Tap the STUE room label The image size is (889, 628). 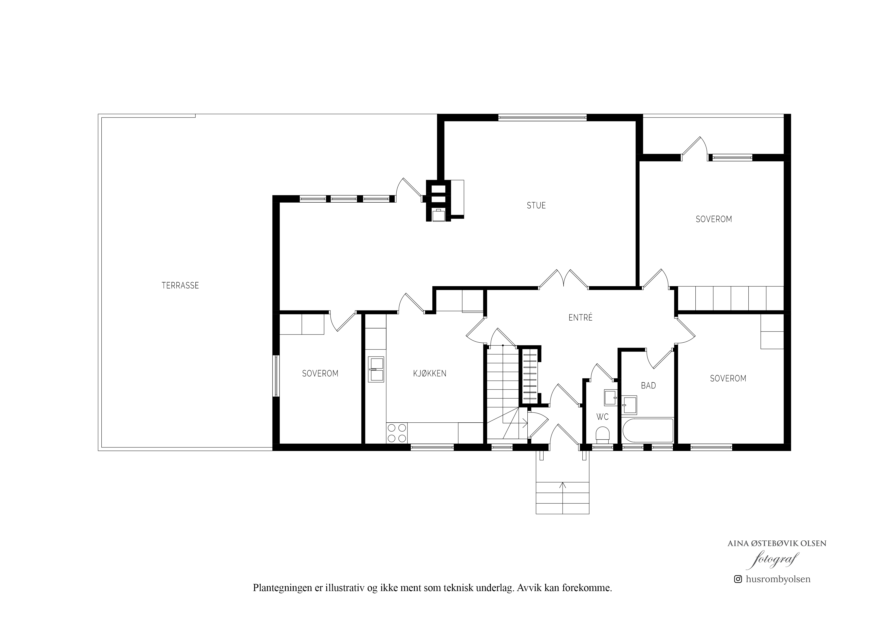coord(536,205)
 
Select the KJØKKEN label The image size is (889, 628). coord(430,374)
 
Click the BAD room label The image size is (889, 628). coord(648,385)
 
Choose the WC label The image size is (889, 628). coord(602,417)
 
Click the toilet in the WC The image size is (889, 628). coord(602,435)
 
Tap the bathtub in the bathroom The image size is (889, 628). coord(648,430)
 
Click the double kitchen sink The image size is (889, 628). coord(376,369)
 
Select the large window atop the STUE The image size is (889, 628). coord(542,118)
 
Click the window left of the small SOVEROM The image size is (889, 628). coord(276,376)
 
